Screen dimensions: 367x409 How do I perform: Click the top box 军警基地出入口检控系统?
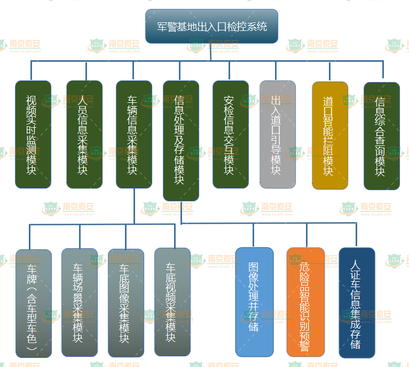(x=212, y=26)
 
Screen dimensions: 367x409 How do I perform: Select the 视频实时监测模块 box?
(x=33, y=134)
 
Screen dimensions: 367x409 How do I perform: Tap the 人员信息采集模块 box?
(x=84, y=134)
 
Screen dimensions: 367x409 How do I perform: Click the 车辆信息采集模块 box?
(x=134, y=134)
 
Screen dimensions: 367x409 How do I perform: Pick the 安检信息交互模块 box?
(x=231, y=134)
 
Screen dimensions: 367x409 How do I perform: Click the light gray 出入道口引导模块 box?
(x=277, y=134)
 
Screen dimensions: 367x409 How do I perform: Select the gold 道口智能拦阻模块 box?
(x=329, y=135)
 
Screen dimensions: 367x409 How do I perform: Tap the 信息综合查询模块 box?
(x=381, y=136)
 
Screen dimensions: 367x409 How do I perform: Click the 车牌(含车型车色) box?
(x=34, y=303)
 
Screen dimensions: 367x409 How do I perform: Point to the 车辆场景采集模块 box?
(x=80, y=302)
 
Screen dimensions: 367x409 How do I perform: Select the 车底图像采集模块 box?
(x=126, y=303)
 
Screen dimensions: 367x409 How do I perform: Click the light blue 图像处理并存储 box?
(x=255, y=302)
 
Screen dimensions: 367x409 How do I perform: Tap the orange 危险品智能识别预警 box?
(x=306, y=302)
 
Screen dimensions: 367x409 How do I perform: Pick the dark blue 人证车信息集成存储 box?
(x=357, y=303)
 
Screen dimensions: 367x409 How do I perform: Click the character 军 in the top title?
(x=162, y=26)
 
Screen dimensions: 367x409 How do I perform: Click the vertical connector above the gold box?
(x=329, y=72)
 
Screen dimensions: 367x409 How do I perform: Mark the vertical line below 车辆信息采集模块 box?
(x=135, y=206)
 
